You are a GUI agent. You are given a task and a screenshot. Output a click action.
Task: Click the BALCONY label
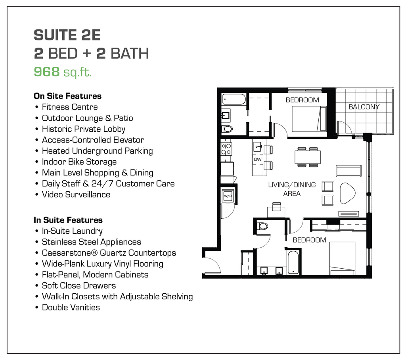coord(364,107)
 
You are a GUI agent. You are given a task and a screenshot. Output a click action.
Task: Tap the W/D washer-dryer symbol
coord(228,196)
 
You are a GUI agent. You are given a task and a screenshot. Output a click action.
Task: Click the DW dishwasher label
coord(258,159)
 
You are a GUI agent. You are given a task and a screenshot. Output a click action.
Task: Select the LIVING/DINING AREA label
coord(292,189)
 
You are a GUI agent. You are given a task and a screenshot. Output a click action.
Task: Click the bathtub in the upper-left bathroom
coord(234,99)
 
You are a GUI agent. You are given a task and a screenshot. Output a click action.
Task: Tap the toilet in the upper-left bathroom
coord(227,129)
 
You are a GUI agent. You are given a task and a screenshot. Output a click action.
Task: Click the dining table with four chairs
coord(307,157)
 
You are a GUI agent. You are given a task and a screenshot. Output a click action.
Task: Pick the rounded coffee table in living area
coord(348,193)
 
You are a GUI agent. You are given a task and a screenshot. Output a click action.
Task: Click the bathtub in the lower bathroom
coord(293,262)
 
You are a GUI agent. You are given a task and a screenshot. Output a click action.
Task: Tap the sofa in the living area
coord(349,170)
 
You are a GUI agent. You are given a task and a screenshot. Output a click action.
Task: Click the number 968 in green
coord(46,72)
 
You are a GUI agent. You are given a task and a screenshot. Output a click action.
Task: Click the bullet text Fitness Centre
coord(70,107)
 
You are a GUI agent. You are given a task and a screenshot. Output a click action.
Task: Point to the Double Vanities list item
coord(71,307)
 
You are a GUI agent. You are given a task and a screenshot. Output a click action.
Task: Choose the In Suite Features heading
coord(68,220)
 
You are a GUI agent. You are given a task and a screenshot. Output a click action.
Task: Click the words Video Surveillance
coord(76,194)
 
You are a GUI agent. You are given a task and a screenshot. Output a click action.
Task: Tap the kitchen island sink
coord(257,145)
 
